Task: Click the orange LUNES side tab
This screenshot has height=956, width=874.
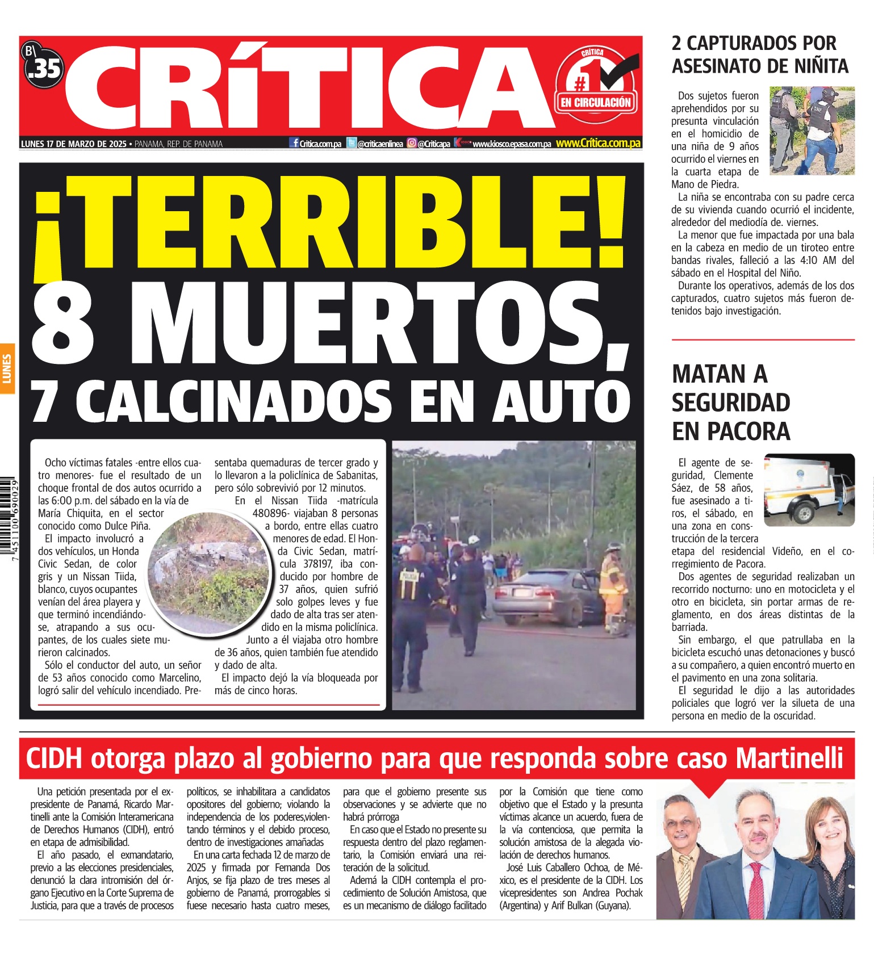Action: [7, 368]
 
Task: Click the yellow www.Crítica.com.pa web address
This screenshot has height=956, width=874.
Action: [598, 144]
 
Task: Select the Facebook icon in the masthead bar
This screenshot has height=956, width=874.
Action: [294, 143]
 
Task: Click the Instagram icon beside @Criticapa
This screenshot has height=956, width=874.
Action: [412, 144]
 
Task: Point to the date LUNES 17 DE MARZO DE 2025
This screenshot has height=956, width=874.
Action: [74, 144]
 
